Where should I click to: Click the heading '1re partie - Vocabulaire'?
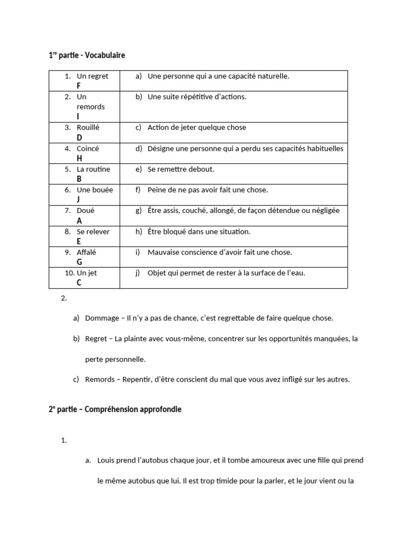pyautogui.click(x=87, y=55)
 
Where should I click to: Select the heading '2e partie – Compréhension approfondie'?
pyautogui.click(x=115, y=409)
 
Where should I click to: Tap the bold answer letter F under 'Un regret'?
pyautogui.click(x=79, y=86)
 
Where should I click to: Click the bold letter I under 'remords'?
pyautogui.click(x=78, y=116)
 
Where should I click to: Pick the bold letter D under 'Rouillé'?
pyautogui.click(x=79, y=137)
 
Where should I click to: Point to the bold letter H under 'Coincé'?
pyautogui.click(x=79, y=158)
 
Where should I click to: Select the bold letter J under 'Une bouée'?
pyautogui.click(x=79, y=199)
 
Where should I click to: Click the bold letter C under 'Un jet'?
pyautogui.click(x=79, y=282)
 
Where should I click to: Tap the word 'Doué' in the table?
pyautogui.click(x=86, y=211)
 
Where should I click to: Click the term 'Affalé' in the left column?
pyautogui.click(x=86, y=252)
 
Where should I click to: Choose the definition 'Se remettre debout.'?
pyautogui.click(x=181, y=169)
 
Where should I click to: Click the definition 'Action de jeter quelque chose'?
pyautogui.click(x=196, y=128)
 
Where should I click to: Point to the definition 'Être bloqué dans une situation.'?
pyautogui.click(x=199, y=232)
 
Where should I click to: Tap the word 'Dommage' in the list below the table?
pyautogui.click(x=102, y=318)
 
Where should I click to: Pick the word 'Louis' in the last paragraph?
pyautogui.click(x=106, y=460)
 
